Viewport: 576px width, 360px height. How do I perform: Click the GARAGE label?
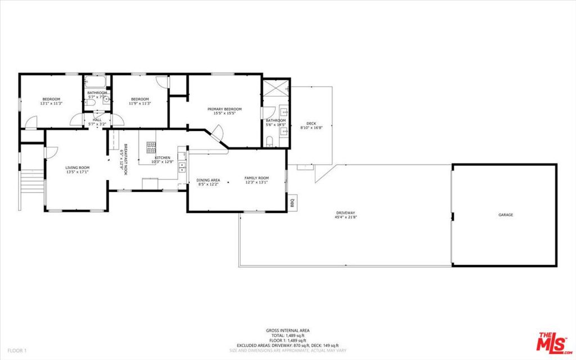[x=505, y=215]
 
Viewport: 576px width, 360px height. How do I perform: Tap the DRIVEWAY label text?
[x=346, y=213]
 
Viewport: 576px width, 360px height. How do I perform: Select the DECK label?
[x=311, y=124]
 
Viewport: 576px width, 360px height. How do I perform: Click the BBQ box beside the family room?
[x=292, y=203]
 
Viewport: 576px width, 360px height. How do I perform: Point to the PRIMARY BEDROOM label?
[x=224, y=109]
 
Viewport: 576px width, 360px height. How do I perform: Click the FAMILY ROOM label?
[x=256, y=178]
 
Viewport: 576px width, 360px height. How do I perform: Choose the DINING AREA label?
[x=208, y=180]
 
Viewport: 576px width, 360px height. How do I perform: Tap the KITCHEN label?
[x=163, y=157]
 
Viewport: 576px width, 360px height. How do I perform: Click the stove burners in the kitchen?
[x=151, y=147]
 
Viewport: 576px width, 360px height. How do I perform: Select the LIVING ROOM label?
[x=78, y=168]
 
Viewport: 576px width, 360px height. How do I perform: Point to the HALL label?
[x=97, y=120]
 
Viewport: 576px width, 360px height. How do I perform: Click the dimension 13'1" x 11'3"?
[x=51, y=103]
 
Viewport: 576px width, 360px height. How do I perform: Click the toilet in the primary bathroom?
[x=270, y=141]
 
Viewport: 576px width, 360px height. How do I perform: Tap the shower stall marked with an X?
[x=276, y=87]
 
